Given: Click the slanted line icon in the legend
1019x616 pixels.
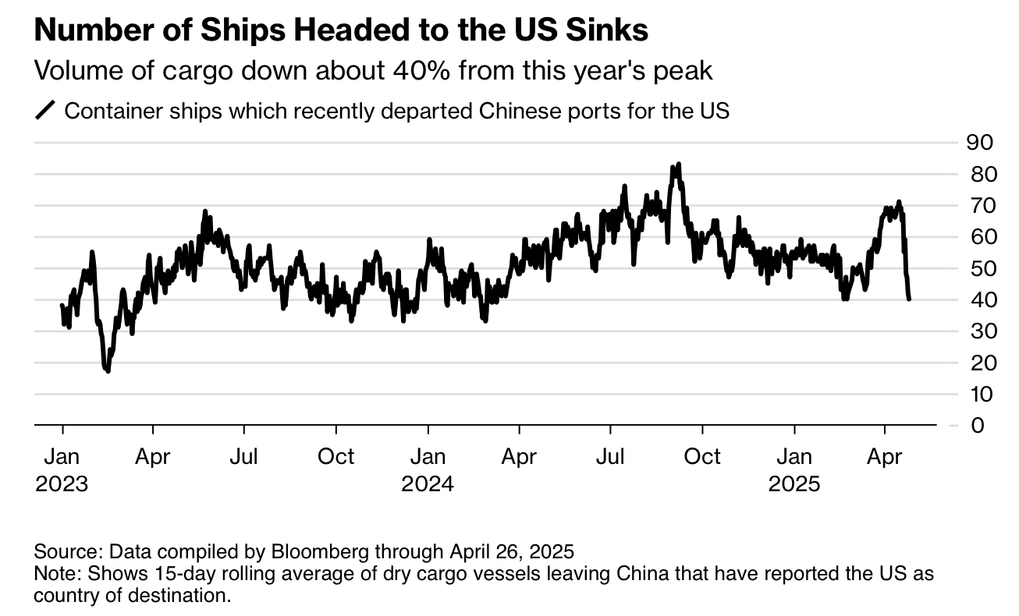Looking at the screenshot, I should (x=46, y=111).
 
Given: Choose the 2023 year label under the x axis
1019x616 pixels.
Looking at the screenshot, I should (x=62, y=483).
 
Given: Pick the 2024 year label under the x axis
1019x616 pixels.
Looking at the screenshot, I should (x=428, y=483).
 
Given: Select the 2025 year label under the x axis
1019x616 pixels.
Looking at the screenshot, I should (x=794, y=483).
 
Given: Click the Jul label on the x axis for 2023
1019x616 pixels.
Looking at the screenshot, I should (x=244, y=456).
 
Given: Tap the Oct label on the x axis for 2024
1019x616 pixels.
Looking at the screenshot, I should (x=702, y=456).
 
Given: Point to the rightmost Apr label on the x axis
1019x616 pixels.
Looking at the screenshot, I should (x=885, y=456).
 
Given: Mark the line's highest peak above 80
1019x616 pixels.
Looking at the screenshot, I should (x=679, y=165).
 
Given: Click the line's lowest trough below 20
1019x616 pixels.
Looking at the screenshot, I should (x=108, y=370).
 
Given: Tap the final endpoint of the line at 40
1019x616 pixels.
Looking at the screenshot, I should (x=909, y=299).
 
